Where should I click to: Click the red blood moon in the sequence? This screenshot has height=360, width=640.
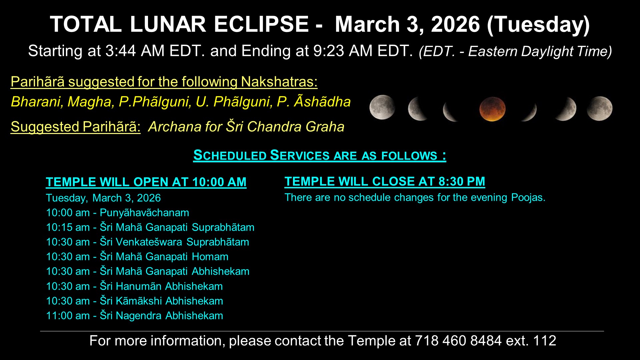click(x=492, y=109)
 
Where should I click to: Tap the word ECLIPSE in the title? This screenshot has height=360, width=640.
click(x=261, y=24)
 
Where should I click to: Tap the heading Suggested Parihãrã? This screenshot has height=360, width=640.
click(x=76, y=127)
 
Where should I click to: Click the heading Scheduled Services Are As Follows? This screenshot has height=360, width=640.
click(x=320, y=155)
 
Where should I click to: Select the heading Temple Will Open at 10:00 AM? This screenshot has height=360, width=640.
click(x=146, y=182)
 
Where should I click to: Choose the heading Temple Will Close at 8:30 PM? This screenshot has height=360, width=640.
click(x=385, y=181)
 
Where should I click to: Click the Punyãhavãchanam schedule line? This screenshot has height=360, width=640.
click(x=118, y=213)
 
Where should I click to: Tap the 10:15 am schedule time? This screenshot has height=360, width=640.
click(x=68, y=227)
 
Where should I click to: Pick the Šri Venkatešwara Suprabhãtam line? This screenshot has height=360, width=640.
click(x=148, y=242)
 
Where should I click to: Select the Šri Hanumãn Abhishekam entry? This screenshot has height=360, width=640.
click(x=134, y=286)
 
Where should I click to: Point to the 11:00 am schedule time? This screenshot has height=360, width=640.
click(x=68, y=316)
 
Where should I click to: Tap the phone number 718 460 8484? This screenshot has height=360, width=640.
click(x=458, y=341)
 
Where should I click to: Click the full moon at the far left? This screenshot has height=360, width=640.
click(x=382, y=107)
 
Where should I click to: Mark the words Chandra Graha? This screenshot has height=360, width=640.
click(x=296, y=127)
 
